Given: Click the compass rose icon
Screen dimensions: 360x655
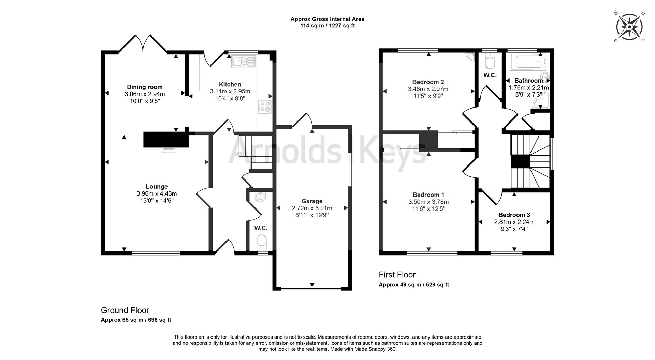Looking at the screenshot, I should [629, 27].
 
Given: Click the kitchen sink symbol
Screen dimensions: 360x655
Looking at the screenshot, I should [244, 62].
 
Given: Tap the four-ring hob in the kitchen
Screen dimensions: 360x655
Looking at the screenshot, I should [265, 107].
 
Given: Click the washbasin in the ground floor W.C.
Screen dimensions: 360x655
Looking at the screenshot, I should [261, 197].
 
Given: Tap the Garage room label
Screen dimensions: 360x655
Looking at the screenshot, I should [312, 201].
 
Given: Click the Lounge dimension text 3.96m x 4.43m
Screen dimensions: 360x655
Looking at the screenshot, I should [157, 193].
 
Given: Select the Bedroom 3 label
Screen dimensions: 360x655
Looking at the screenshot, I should [514, 215].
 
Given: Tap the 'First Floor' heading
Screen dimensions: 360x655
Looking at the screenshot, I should [397, 275].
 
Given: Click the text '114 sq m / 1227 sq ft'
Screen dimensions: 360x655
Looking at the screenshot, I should [327, 26].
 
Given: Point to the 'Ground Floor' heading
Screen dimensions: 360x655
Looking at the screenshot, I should [125, 310].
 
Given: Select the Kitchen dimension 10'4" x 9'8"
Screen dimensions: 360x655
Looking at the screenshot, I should [230, 99].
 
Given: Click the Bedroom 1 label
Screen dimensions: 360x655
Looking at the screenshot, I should [428, 195].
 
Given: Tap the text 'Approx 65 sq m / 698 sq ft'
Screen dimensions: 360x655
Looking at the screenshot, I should [136, 320].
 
